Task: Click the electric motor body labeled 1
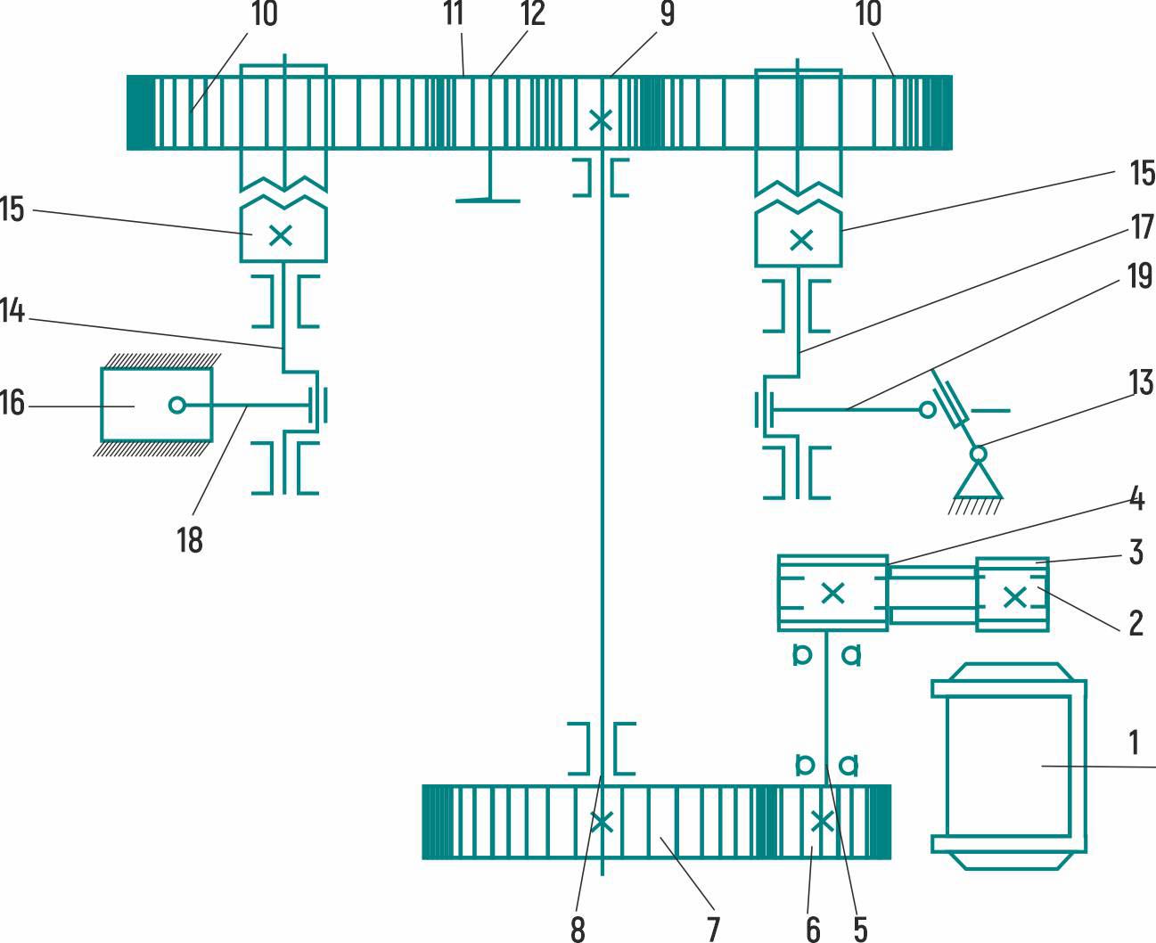tap(1008, 766)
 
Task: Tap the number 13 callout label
tap(1140, 382)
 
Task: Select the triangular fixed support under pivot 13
tap(978, 482)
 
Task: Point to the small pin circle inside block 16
tap(176, 406)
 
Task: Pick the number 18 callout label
tap(189, 539)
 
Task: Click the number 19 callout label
tap(1140, 276)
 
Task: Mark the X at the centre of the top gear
tap(602, 119)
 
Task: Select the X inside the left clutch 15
tap(281, 235)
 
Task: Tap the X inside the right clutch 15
tap(801, 239)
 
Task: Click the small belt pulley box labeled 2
tap(1013, 596)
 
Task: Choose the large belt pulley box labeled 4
tap(832, 593)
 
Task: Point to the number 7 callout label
tap(712, 930)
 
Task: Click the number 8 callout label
tap(578, 930)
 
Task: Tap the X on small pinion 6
tap(820, 821)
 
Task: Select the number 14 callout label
tap(12, 311)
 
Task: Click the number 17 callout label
tap(1142, 227)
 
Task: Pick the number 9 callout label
tap(667, 13)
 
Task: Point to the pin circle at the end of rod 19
tap(928, 410)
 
